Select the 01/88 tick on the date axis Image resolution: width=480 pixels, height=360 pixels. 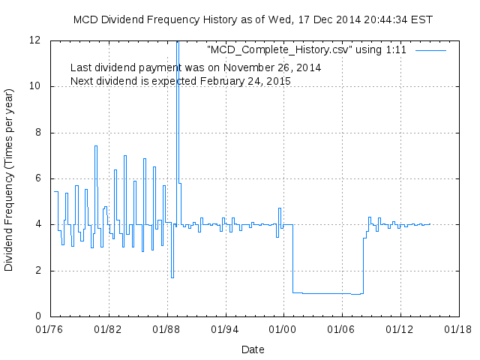coord(166,328)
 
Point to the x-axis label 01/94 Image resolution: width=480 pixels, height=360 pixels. coord(224,328)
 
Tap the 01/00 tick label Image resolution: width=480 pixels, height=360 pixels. coord(283,328)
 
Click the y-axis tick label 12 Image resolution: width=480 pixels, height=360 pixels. coord(34,40)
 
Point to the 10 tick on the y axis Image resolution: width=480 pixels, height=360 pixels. coord(34,86)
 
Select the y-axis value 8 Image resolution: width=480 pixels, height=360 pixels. coord(37,133)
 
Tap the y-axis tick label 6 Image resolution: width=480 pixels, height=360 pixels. coord(37,178)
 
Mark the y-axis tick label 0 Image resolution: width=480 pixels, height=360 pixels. coord(37,316)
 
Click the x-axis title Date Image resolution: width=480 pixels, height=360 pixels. coord(253,349)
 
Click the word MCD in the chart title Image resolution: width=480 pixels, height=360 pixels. coord(87,19)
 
